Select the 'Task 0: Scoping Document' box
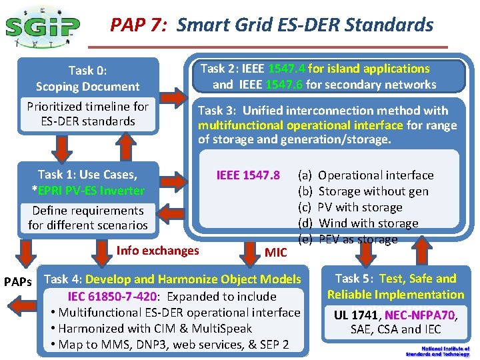click(87, 78)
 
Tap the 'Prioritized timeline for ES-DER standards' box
click(87, 114)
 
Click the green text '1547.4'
click(287, 69)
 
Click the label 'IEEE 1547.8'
click(248, 175)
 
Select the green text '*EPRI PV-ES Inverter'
click(87, 191)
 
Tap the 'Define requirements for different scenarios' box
click(87, 218)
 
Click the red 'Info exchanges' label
click(157, 251)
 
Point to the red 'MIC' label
click(275, 253)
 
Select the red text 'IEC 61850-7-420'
click(113, 297)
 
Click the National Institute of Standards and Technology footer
click(445, 351)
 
